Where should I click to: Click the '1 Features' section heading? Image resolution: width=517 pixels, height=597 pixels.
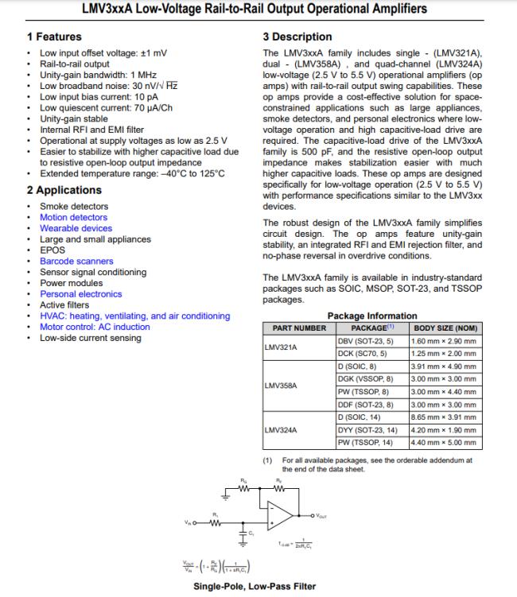(54, 37)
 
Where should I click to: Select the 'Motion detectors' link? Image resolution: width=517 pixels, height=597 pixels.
(73, 217)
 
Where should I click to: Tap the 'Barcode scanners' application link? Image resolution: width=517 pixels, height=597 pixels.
(76, 261)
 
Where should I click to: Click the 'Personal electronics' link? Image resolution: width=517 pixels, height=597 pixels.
(80, 293)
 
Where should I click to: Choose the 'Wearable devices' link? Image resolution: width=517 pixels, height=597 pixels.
(76, 228)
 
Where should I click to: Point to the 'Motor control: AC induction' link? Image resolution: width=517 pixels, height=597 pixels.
(94, 327)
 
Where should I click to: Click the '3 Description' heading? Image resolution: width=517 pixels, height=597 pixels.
(297, 37)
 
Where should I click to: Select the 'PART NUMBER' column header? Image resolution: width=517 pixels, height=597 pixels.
(299, 328)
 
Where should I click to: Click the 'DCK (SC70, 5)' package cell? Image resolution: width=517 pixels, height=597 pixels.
(362, 353)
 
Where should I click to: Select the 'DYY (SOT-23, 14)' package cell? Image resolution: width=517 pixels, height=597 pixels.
(367, 429)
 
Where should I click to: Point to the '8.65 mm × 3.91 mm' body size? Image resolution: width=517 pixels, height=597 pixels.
(443, 417)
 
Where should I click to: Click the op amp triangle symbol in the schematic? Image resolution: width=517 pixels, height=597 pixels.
(279, 514)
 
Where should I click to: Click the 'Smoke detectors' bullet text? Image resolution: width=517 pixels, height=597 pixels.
(74, 207)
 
